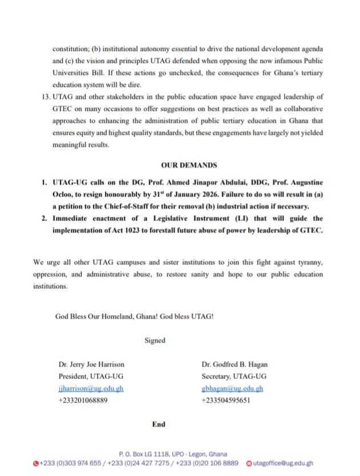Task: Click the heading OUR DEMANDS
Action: point(189,166)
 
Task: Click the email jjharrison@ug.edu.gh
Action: point(91,389)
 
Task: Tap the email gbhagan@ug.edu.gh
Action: point(232,389)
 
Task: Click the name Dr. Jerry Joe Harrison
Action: point(91,364)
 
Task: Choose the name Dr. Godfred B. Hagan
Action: point(234,364)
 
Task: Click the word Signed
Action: point(155,340)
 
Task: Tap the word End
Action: point(159,424)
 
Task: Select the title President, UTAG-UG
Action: point(91,376)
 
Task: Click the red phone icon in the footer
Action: point(36,463)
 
